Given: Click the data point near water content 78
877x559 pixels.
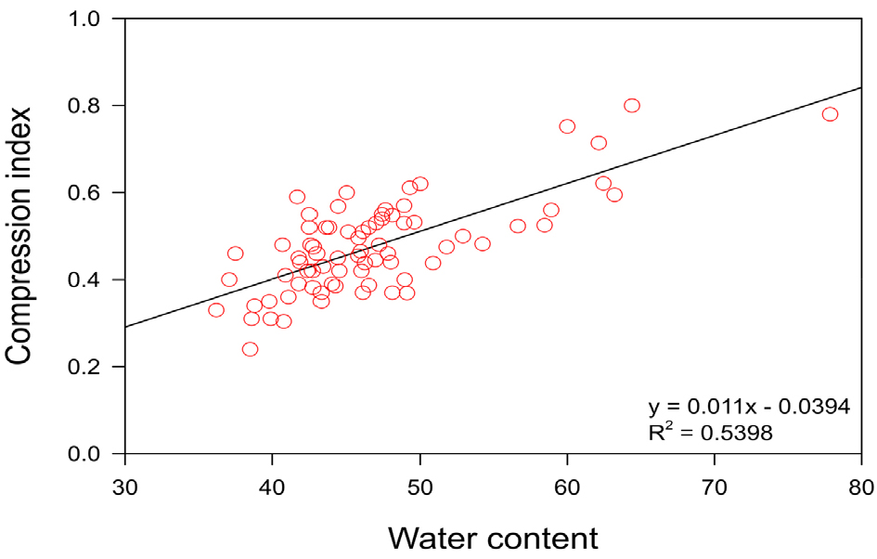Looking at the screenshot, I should point(830,114).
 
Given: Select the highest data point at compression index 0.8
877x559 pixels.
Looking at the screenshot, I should point(632,106).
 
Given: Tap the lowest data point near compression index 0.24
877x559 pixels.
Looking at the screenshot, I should point(250,349).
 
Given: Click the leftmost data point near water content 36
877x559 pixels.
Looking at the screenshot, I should point(216,310).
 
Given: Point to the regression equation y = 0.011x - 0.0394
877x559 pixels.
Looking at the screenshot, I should point(749,407).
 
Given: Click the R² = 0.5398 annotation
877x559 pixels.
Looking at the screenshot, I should point(710,432).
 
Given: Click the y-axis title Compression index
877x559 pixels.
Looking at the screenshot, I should point(20,236).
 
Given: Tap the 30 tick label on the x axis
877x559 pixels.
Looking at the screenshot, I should point(124,486).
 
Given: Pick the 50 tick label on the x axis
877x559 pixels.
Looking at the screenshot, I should point(419,486).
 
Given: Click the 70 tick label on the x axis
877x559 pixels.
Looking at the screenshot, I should point(715,486).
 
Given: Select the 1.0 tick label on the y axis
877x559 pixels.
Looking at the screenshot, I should point(93,19).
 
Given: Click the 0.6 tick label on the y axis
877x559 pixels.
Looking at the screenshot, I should point(93,193).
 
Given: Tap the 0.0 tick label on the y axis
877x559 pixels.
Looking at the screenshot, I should point(93,454).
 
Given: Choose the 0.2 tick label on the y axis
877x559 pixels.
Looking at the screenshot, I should point(93,367).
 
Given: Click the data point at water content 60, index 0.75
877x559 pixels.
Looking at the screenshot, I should point(567,126).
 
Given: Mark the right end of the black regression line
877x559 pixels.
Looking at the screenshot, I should point(862,87).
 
